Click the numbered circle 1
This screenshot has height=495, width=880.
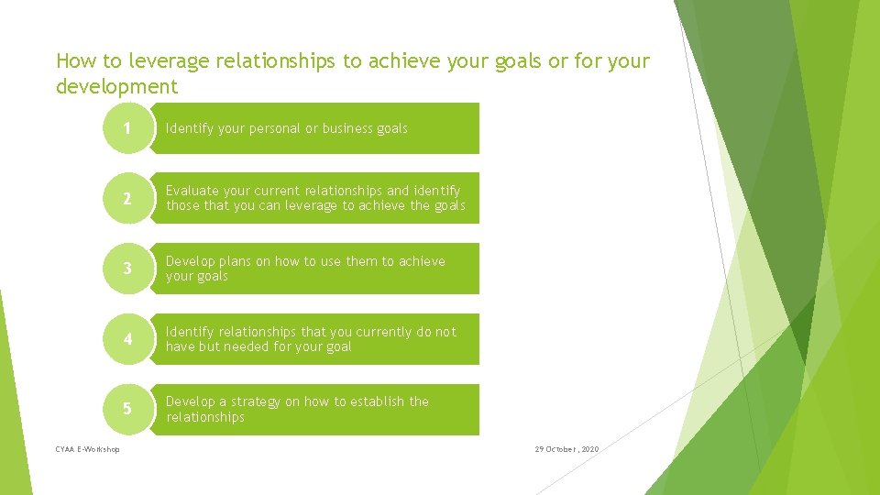(127, 128)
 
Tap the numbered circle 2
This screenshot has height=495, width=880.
(127, 199)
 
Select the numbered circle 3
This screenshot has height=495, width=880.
(127, 269)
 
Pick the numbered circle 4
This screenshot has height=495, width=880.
(127, 339)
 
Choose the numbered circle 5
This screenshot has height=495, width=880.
(127, 409)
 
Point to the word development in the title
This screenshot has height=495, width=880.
(116, 87)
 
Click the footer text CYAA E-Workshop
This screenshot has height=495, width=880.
(87, 449)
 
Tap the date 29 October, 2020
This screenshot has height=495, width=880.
(566, 449)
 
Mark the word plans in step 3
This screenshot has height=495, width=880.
(235, 261)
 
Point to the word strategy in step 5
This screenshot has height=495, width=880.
(256, 401)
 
